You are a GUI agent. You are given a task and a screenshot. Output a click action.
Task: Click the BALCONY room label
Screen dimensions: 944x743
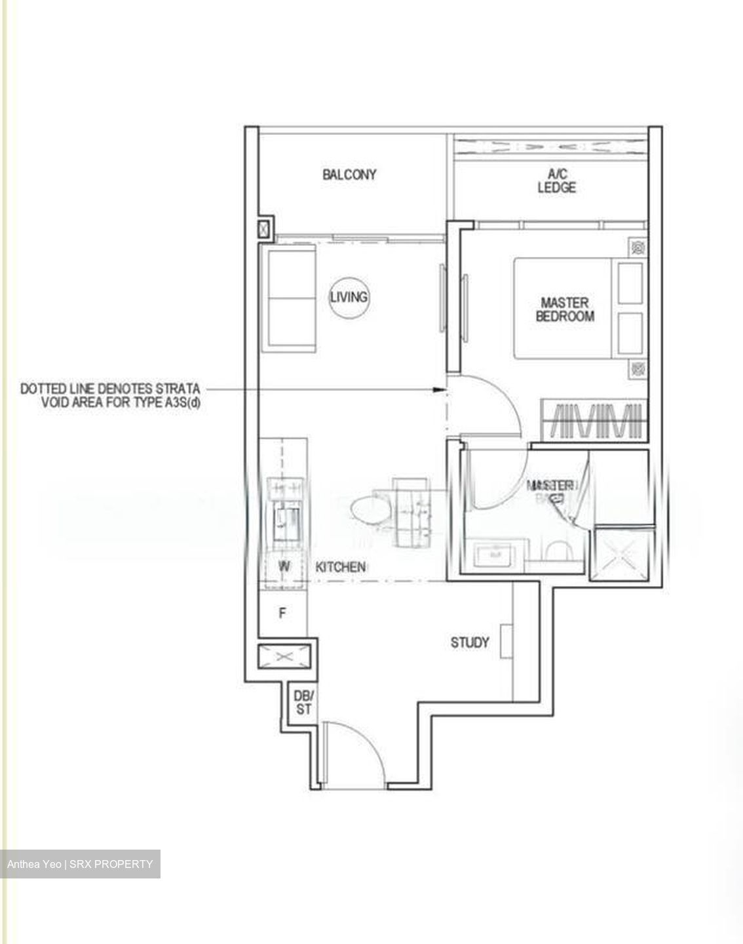[x=349, y=174]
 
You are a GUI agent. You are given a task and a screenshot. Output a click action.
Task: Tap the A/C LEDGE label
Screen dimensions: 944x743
[x=557, y=181]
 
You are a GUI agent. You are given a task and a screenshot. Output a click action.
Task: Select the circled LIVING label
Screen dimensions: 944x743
[x=349, y=297]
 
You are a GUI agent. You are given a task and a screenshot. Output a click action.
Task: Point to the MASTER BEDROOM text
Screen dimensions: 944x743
[x=565, y=309]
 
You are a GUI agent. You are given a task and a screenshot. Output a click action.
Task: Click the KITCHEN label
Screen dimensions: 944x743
[x=340, y=567]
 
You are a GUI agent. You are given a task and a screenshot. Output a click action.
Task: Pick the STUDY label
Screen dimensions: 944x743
[x=470, y=642]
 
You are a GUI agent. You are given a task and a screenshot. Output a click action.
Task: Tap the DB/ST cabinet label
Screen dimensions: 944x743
[x=303, y=702]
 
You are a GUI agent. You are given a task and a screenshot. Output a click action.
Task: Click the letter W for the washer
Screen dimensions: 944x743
[x=284, y=566]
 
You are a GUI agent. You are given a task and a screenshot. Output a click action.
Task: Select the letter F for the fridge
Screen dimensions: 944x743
[x=282, y=614]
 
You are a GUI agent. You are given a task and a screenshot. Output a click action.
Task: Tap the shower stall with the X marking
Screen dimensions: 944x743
[x=620, y=555]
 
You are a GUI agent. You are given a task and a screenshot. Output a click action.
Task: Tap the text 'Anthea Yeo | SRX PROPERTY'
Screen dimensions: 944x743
[x=80, y=864]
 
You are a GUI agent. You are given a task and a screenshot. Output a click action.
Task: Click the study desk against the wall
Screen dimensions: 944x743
[x=506, y=640]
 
